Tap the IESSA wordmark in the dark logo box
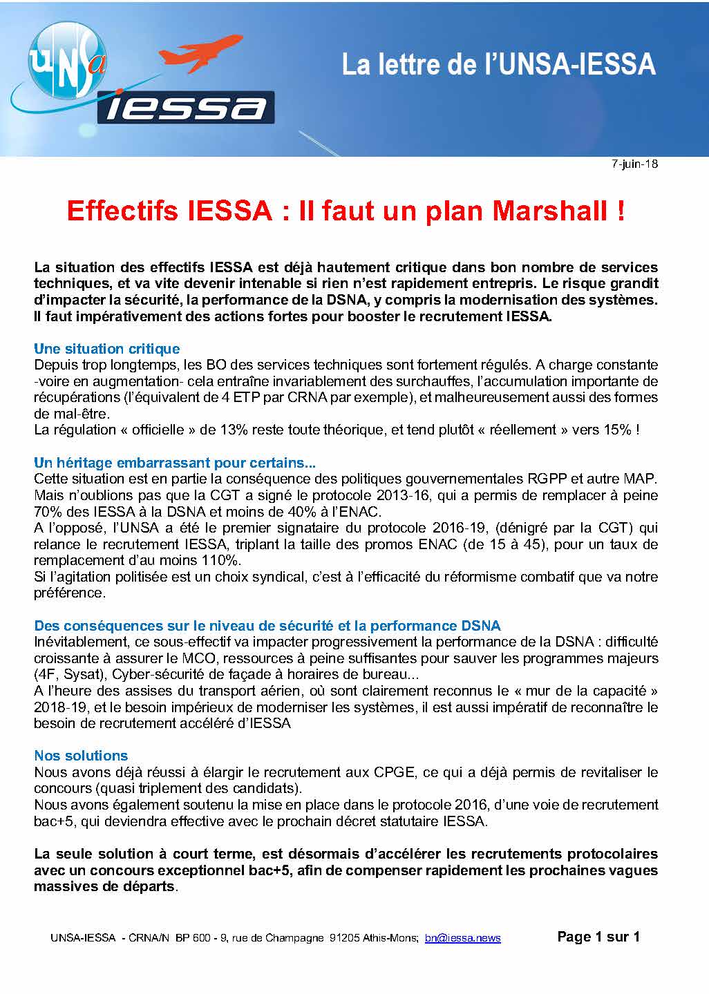[186, 108]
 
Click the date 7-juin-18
[634, 164]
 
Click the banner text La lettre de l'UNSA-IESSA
[498, 65]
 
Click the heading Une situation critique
[106, 349]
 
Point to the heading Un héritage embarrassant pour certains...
[175, 462]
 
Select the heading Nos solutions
[81, 755]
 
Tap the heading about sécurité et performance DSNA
[267, 626]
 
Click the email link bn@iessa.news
[462, 938]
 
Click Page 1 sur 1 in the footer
[598, 937]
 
